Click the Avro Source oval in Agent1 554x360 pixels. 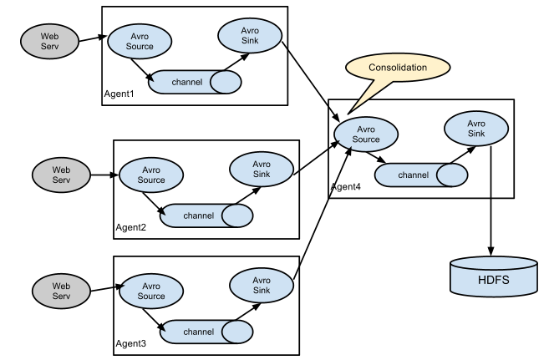140,41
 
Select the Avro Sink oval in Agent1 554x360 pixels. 250,36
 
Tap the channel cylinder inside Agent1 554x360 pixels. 195,82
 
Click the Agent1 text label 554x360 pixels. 119,94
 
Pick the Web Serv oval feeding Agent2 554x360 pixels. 61,175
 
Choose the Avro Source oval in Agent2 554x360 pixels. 151,175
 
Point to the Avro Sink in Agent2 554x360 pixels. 262,170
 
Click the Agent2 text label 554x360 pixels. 130,227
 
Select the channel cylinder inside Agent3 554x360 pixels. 206,332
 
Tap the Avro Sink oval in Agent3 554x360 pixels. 262,285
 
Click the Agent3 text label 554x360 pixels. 130,343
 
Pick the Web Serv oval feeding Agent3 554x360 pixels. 61,292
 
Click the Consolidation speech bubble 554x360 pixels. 398,67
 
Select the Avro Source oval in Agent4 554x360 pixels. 366,134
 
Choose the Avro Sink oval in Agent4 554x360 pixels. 476,129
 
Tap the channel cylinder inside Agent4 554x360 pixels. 421,175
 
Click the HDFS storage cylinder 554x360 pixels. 494,277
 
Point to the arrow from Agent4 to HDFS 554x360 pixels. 490,200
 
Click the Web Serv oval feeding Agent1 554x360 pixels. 49,41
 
